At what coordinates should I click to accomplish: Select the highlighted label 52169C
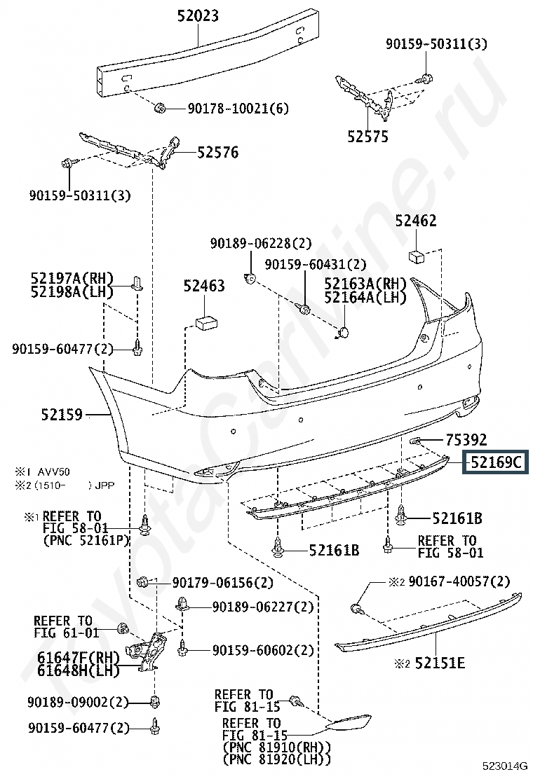496,462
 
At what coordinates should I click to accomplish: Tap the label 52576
217,151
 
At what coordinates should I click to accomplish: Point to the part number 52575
367,136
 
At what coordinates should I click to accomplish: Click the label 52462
415,221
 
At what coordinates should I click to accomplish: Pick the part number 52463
204,286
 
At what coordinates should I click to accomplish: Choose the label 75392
466,440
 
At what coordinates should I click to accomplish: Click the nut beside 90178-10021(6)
158,108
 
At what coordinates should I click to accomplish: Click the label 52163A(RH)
365,283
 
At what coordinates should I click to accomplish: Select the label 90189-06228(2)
260,243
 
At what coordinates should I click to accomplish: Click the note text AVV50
55,471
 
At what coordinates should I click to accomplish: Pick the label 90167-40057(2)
459,581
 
